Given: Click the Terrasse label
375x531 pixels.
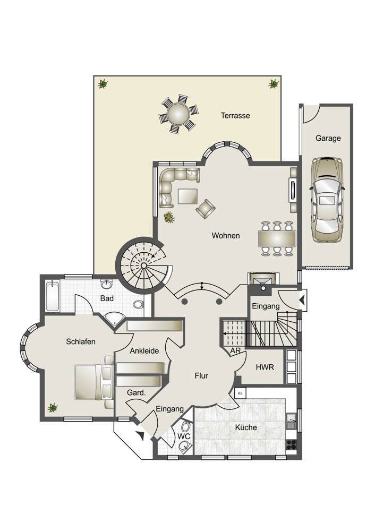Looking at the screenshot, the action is (x=235, y=115).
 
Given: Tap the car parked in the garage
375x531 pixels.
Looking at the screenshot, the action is (x=327, y=200).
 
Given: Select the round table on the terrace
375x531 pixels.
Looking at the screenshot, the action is (x=178, y=114).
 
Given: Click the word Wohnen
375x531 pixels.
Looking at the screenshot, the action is (x=226, y=235).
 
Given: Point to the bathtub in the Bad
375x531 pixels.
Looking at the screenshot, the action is (x=53, y=296).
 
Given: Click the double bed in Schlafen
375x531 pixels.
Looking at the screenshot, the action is (x=93, y=382).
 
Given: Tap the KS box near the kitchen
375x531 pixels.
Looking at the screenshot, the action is (x=241, y=393).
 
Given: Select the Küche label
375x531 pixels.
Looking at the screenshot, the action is (x=246, y=427).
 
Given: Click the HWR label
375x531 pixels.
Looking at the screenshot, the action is (x=265, y=367).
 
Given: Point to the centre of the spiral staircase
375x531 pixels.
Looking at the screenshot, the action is (x=143, y=265).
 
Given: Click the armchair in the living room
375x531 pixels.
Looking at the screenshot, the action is (x=205, y=209).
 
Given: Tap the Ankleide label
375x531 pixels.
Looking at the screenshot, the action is (x=144, y=351).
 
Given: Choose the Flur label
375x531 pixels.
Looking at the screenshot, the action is (x=201, y=375).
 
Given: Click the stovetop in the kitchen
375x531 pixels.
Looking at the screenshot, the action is (x=291, y=444).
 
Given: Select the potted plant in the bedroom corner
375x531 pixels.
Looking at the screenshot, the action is (x=53, y=407).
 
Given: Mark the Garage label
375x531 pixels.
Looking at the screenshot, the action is (x=328, y=138).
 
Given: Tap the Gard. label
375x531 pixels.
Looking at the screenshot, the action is (x=136, y=393).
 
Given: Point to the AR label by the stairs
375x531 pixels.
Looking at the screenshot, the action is (x=235, y=351).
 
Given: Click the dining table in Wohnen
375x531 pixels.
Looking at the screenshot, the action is (x=277, y=238).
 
